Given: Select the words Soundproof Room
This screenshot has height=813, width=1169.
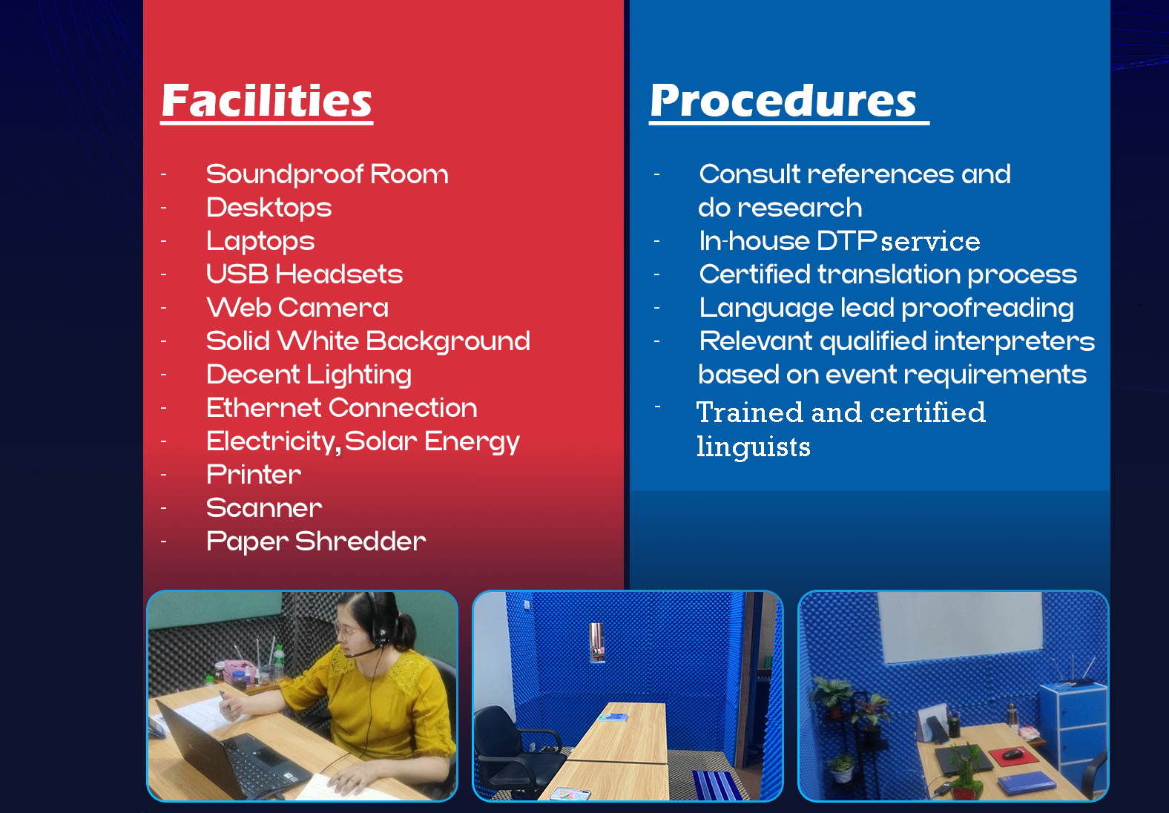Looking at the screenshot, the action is (x=327, y=174).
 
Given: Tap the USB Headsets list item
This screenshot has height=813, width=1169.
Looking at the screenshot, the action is (x=304, y=274).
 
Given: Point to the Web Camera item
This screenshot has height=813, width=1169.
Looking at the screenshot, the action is (x=297, y=307).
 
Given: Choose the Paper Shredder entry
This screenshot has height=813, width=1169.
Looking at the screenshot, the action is (x=316, y=542).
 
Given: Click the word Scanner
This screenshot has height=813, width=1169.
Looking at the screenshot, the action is (x=264, y=507).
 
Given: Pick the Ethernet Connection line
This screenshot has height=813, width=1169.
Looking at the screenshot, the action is (x=342, y=407).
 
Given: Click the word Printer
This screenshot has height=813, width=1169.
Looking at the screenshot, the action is (x=254, y=474).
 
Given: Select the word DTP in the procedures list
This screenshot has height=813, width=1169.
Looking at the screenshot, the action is (x=846, y=240).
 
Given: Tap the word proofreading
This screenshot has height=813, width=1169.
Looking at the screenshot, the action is (x=988, y=309).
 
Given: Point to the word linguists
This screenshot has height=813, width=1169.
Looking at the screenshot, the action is (x=754, y=447).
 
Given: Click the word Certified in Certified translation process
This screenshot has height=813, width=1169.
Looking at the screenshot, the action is (x=754, y=274).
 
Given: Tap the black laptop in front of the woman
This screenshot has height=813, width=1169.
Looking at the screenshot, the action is (x=230, y=751).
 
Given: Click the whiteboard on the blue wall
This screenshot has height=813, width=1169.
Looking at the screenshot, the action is (x=961, y=627).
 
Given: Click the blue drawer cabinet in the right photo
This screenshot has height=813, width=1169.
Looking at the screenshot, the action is (x=1073, y=731).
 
